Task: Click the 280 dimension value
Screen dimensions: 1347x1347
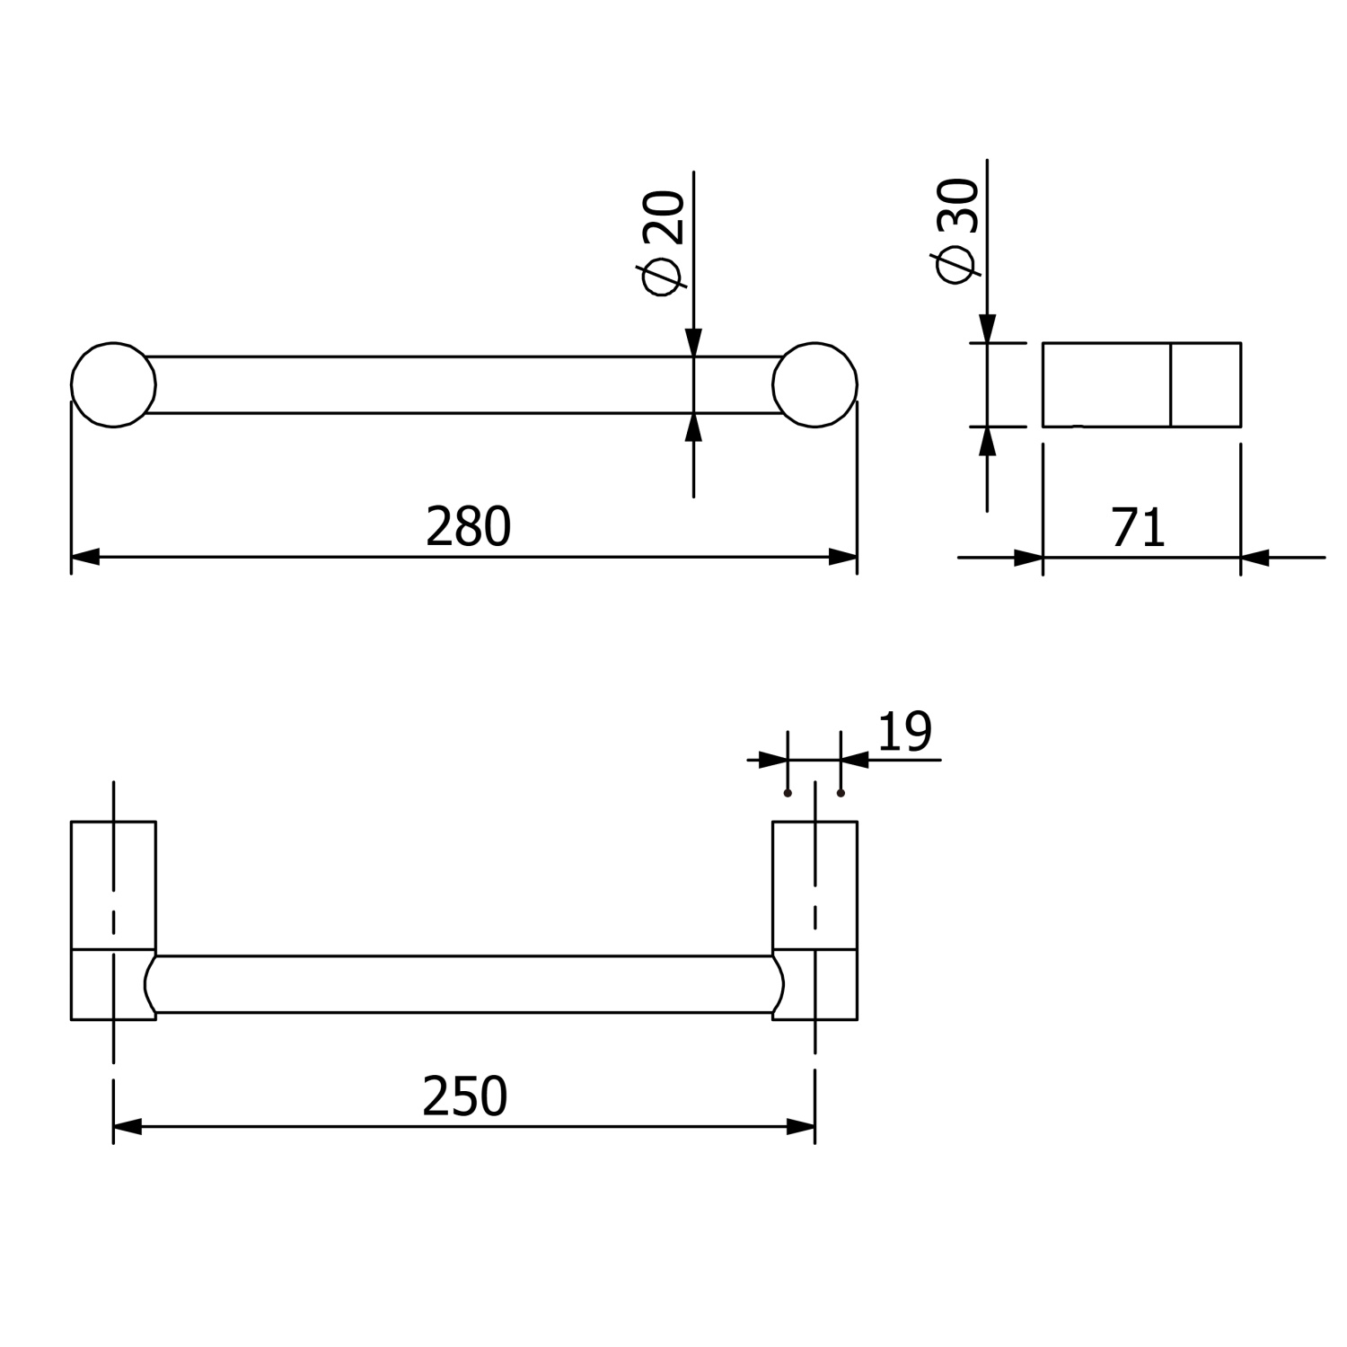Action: point(468,527)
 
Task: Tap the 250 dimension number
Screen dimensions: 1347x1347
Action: point(465,1096)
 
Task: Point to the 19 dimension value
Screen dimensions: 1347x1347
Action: point(905,732)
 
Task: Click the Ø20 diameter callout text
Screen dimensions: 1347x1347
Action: point(665,242)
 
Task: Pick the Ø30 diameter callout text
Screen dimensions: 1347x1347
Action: point(956,231)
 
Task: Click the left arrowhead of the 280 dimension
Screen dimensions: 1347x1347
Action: point(84,558)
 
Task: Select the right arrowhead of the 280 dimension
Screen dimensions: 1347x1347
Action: point(843,558)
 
